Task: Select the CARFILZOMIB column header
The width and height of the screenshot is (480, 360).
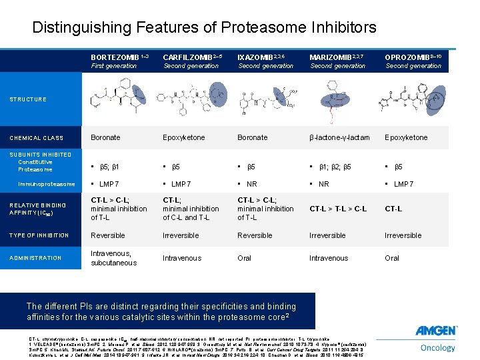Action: coord(187,57)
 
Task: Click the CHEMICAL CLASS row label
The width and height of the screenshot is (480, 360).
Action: coord(36,138)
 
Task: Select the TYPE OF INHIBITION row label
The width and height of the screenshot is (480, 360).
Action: coord(39,235)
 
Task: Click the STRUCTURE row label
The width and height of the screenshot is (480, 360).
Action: coord(27,99)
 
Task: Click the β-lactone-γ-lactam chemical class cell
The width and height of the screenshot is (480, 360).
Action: coord(339,137)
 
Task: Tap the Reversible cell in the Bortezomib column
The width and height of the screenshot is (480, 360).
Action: coord(108,235)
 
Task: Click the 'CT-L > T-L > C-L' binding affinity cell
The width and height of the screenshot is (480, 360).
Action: coord(339,209)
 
